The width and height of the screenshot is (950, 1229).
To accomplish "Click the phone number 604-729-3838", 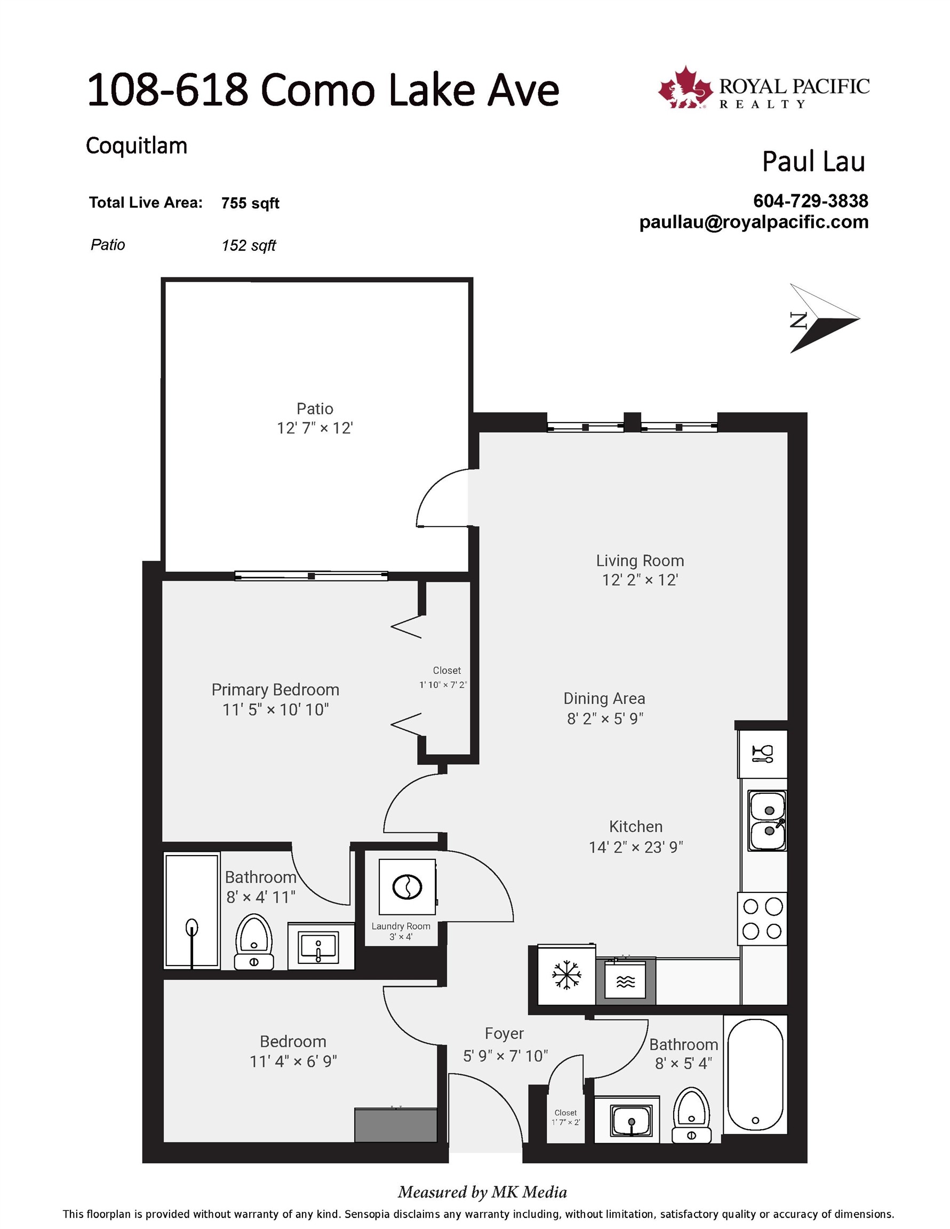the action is click(810, 201).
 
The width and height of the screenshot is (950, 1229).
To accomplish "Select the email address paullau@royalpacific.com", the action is click(754, 222).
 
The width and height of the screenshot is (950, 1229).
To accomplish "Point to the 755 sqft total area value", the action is click(250, 203).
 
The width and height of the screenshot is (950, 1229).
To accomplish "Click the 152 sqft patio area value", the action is click(249, 245).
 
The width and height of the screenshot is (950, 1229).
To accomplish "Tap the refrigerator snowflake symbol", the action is click(566, 975).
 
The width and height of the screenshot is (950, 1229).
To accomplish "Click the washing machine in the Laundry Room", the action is click(407, 887).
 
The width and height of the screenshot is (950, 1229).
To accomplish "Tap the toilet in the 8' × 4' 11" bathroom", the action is click(254, 942).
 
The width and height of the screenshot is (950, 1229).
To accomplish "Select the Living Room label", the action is click(640, 561).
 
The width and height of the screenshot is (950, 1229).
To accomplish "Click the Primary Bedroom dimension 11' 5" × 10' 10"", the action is click(275, 709).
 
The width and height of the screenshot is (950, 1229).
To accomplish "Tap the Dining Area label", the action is click(604, 698).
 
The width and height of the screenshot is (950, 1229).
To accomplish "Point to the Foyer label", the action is click(504, 1034).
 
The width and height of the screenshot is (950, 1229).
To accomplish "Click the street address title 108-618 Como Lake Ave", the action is click(323, 90).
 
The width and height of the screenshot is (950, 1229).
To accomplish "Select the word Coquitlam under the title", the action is click(136, 146).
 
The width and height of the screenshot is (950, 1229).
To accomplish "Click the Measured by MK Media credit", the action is click(482, 1192).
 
